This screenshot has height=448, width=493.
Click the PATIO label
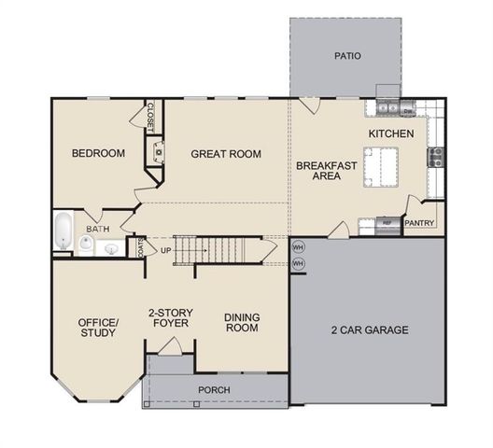click(347, 56)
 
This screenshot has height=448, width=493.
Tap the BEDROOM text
click(98, 154)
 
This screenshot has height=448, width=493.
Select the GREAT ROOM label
click(225, 154)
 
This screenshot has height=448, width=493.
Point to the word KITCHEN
click(390, 134)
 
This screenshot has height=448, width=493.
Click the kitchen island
click(383, 168)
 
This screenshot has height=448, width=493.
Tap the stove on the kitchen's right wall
click(434, 158)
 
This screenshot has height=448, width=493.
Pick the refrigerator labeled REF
click(386, 224)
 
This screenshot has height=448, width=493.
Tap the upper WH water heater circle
click(298, 247)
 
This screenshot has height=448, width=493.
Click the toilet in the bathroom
click(86, 245)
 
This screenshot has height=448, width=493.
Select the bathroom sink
click(110, 248)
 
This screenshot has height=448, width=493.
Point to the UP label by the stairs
click(166, 251)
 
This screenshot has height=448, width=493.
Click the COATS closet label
click(140, 247)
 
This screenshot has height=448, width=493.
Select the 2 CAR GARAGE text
click(370, 329)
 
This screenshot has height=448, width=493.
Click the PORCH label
click(214, 389)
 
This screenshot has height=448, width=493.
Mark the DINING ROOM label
click(241, 322)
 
